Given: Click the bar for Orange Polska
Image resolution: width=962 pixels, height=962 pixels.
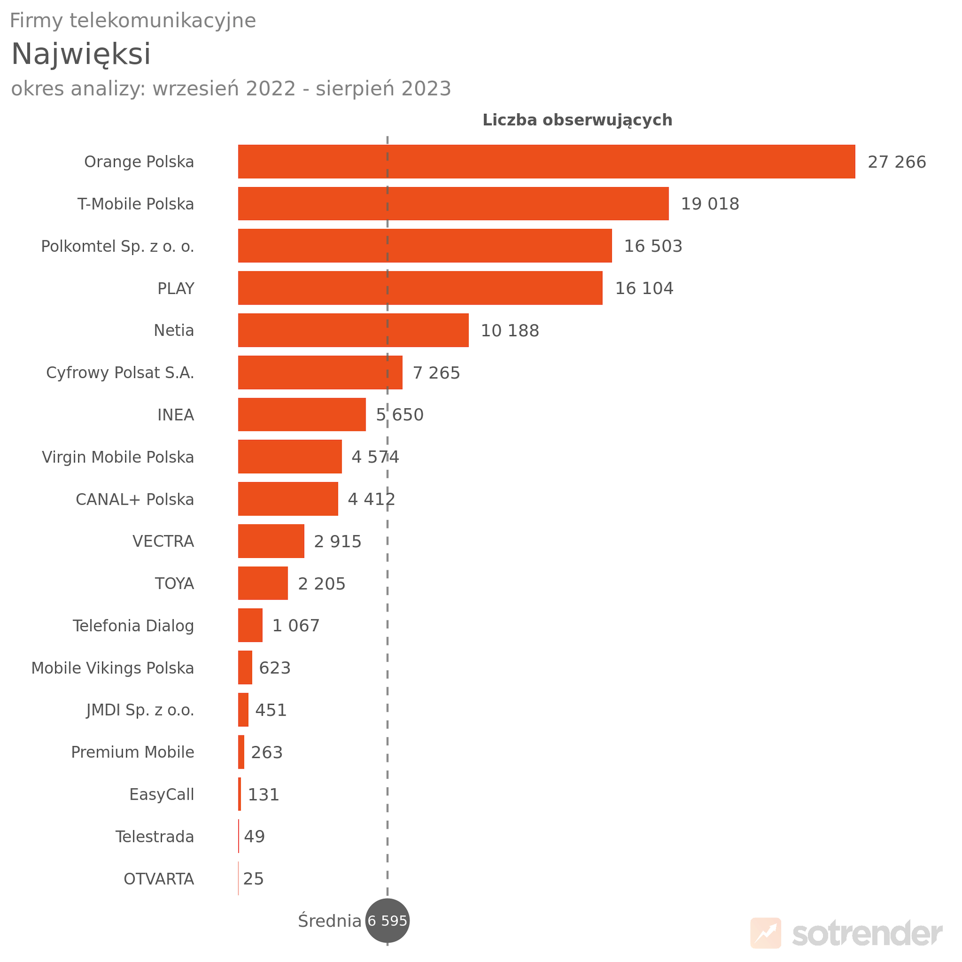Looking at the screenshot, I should [x=546, y=161].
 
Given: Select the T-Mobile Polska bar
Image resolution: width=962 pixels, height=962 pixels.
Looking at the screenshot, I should [x=453, y=204].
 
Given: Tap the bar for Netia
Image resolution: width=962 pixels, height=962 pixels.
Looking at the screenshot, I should [x=353, y=330].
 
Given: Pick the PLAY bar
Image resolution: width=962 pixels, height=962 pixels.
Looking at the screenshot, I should [x=420, y=288].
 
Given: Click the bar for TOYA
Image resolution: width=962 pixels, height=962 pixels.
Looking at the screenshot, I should [x=263, y=583].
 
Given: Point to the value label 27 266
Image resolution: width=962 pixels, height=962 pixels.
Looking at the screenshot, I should [x=896, y=162].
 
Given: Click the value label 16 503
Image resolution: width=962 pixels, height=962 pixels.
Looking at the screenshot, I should [x=653, y=246].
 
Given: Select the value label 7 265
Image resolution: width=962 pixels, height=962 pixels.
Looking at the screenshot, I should [x=436, y=373].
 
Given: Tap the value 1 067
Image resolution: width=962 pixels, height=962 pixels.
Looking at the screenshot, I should [x=296, y=626].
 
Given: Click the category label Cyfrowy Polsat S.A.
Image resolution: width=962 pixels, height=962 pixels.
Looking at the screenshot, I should [x=120, y=373].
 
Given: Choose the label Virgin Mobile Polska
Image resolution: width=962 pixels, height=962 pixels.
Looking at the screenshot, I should [x=118, y=457].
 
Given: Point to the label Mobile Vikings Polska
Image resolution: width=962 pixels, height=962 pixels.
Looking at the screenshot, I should [x=113, y=668].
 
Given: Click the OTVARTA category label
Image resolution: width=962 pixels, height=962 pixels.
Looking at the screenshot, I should [x=159, y=879].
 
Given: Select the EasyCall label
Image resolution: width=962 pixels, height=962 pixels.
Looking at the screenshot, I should [x=161, y=795].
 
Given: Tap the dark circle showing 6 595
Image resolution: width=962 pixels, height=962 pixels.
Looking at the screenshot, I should [x=387, y=921].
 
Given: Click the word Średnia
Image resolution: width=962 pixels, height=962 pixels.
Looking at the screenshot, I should [x=329, y=921].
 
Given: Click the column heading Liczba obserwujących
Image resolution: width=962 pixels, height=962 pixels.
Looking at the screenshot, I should [x=577, y=120].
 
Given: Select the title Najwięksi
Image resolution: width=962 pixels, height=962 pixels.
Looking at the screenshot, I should [x=81, y=55].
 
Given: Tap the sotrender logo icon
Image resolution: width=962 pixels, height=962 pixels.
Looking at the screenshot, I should [x=765, y=933].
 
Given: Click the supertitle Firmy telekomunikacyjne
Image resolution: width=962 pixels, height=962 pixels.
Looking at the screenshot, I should [x=133, y=21].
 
